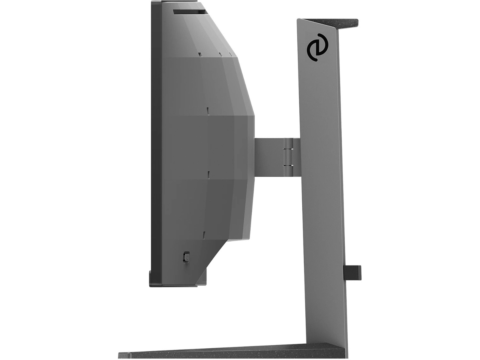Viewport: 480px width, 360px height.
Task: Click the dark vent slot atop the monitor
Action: [x=189, y=12]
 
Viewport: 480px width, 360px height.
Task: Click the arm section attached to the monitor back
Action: [x=268, y=156]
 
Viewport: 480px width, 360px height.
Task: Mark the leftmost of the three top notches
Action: [x=199, y=55]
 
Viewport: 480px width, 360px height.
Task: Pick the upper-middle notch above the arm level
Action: [x=207, y=110]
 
